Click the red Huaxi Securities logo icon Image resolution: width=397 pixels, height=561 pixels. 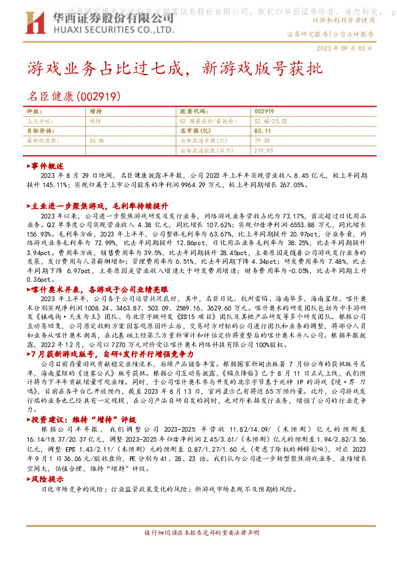click(x=35, y=23)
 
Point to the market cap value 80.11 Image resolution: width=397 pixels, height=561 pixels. click(x=262, y=131)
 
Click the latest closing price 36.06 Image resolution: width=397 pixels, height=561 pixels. click(x=97, y=141)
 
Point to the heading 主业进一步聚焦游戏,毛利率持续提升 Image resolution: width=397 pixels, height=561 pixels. click(x=97, y=207)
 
